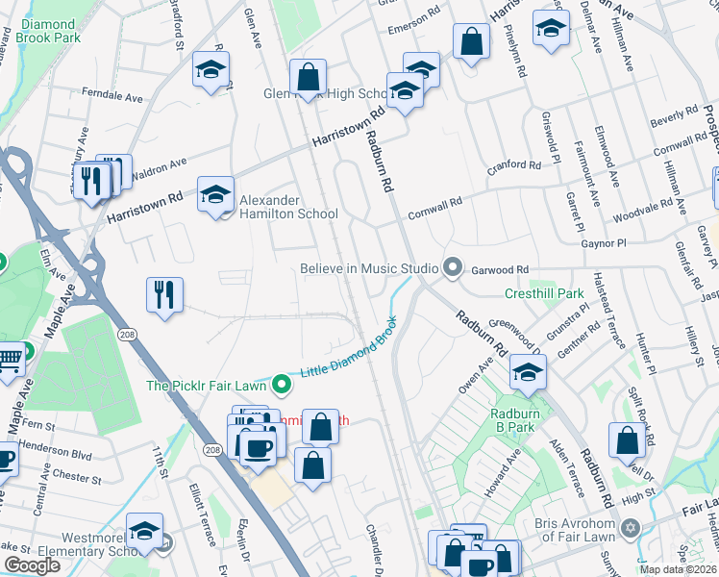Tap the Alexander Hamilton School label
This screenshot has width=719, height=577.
(287, 207)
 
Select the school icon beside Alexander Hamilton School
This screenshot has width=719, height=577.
(216, 195)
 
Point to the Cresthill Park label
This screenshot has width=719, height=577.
(545, 293)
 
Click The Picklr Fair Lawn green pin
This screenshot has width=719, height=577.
(281, 385)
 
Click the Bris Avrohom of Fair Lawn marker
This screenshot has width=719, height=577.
(632, 528)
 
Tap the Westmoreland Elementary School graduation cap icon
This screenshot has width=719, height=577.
(144, 532)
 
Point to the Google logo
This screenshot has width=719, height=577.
(32, 566)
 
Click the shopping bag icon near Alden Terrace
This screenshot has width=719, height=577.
(627, 441)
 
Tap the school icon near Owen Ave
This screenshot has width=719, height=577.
(528, 372)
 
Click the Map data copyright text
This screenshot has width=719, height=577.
(678, 569)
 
